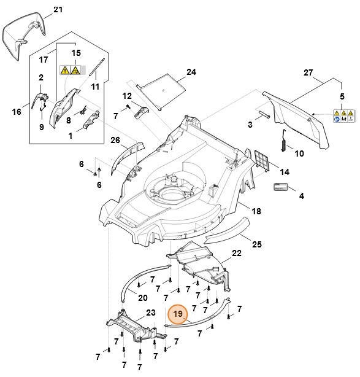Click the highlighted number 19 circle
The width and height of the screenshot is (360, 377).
click(x=178, y=314)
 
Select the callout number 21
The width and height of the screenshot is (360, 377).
click(x=58, y=10)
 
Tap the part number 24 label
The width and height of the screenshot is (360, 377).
click(x=191, y=72)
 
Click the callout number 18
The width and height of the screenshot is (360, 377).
click(x=256, y=211)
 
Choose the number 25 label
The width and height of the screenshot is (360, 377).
click(x=256, y=244)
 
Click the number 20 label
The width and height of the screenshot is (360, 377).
click(x=142, y=298)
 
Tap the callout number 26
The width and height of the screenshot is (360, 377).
click(x=114, y=140)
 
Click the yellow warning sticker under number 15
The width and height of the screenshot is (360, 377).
click(x=68, y=71)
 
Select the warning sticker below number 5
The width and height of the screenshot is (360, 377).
click(x=343, y=116)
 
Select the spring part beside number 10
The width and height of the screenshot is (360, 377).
click(x=283, y=143)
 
